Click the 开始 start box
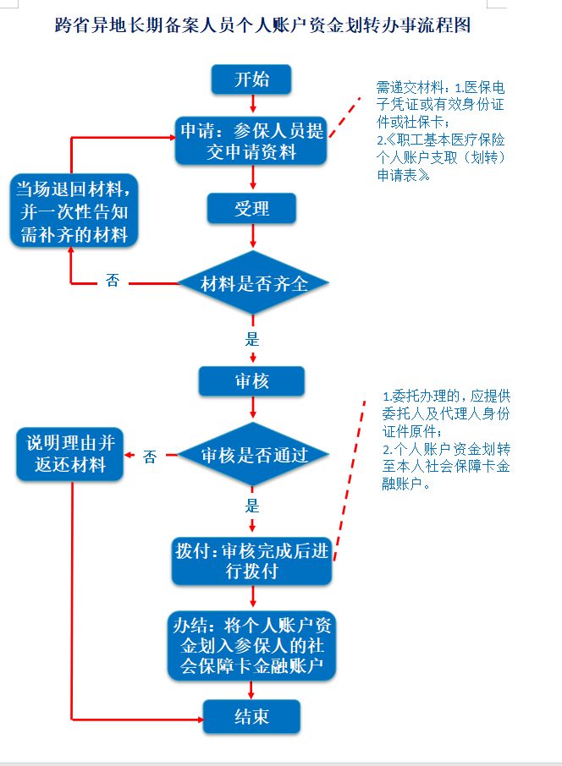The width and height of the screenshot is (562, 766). point(251,79)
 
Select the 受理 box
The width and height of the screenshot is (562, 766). point(251,209)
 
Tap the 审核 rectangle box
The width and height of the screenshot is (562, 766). point(251,381)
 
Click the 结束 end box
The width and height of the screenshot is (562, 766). point(251,716)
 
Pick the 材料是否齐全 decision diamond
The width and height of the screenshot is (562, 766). point(253,283)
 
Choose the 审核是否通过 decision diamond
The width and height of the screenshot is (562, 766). point(253,455)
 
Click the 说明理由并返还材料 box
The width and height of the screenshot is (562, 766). point(70,454)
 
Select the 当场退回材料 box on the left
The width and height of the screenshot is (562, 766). point(74,211)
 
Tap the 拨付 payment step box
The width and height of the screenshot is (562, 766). point(251,561)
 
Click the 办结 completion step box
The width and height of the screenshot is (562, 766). point(251,646)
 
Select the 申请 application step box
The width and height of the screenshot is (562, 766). point(251,140)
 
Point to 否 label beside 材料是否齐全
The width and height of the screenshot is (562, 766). point(113,281)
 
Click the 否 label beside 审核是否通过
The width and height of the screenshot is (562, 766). point(150,457)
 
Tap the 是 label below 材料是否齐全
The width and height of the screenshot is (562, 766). point(252,339)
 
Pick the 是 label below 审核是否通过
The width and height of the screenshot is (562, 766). point(252,506)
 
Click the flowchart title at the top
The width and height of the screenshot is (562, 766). point(262,25)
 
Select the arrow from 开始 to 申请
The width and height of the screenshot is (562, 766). point(253,103)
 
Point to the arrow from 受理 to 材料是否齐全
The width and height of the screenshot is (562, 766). point(253,237)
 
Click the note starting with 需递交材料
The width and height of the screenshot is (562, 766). point(440,131)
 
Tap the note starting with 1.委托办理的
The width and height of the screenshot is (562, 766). point(445,439)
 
